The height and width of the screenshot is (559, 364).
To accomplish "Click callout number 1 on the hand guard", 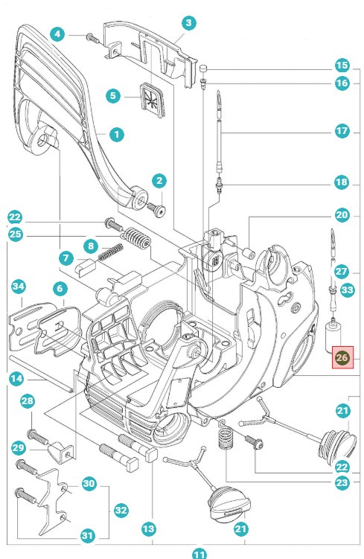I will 116,135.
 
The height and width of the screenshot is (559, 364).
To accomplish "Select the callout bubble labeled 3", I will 188,23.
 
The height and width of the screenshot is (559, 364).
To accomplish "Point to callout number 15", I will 342,65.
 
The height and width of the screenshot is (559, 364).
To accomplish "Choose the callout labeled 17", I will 342,131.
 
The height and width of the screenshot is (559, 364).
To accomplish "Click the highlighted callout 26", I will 342,358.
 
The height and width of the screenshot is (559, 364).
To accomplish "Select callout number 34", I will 19,287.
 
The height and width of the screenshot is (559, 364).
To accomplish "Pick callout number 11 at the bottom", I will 199,553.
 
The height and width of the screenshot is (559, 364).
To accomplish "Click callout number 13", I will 148,528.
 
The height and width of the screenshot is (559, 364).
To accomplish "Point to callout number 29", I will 19,447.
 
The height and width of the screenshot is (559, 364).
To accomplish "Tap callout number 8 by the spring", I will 90,246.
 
